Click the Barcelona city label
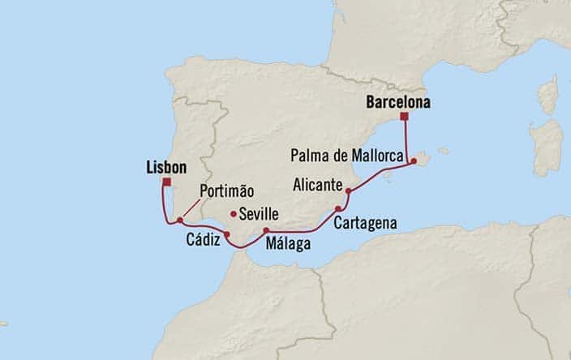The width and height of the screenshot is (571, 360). (397, 103)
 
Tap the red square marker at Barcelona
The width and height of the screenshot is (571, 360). (403, 118)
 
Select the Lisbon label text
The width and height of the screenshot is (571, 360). (166, 167)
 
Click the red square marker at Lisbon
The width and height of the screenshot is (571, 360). (166, 182)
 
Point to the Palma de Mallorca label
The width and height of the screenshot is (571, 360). (355, 152)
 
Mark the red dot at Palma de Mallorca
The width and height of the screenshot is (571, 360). (414, 161)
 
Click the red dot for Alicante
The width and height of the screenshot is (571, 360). (349, 192)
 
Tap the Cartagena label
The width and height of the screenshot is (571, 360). (364, 221)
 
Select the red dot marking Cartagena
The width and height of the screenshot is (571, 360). (337, 208)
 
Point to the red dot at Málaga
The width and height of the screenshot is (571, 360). (266, 231)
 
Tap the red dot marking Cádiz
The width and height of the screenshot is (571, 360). (227, 235)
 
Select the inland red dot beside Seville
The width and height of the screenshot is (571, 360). (234, 214)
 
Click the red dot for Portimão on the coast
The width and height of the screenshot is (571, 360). (179, 220)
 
